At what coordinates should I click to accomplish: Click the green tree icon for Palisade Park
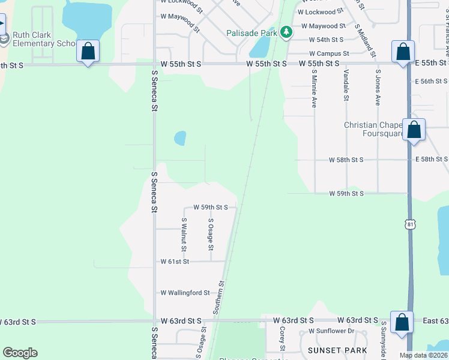(x=286, y=32)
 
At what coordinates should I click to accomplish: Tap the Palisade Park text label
(x=251, y=33)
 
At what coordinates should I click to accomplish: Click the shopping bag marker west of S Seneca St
(x=88, y=52)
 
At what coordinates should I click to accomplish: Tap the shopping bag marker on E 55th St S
(x=403, y=52)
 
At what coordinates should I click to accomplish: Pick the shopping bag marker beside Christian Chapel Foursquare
(x=414, y=130)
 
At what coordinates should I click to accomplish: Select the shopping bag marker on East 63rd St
(x=402, y=322)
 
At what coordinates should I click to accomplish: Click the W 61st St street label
(x=175, y=262)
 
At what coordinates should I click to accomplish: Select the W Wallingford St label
(x=185, y=293)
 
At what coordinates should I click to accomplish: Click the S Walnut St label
(x=184, y=235)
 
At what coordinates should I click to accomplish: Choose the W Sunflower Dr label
(x=332, y=331)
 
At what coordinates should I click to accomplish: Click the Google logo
(x=20, y=353)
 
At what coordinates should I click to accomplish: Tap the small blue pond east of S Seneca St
(x=179, y=139)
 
